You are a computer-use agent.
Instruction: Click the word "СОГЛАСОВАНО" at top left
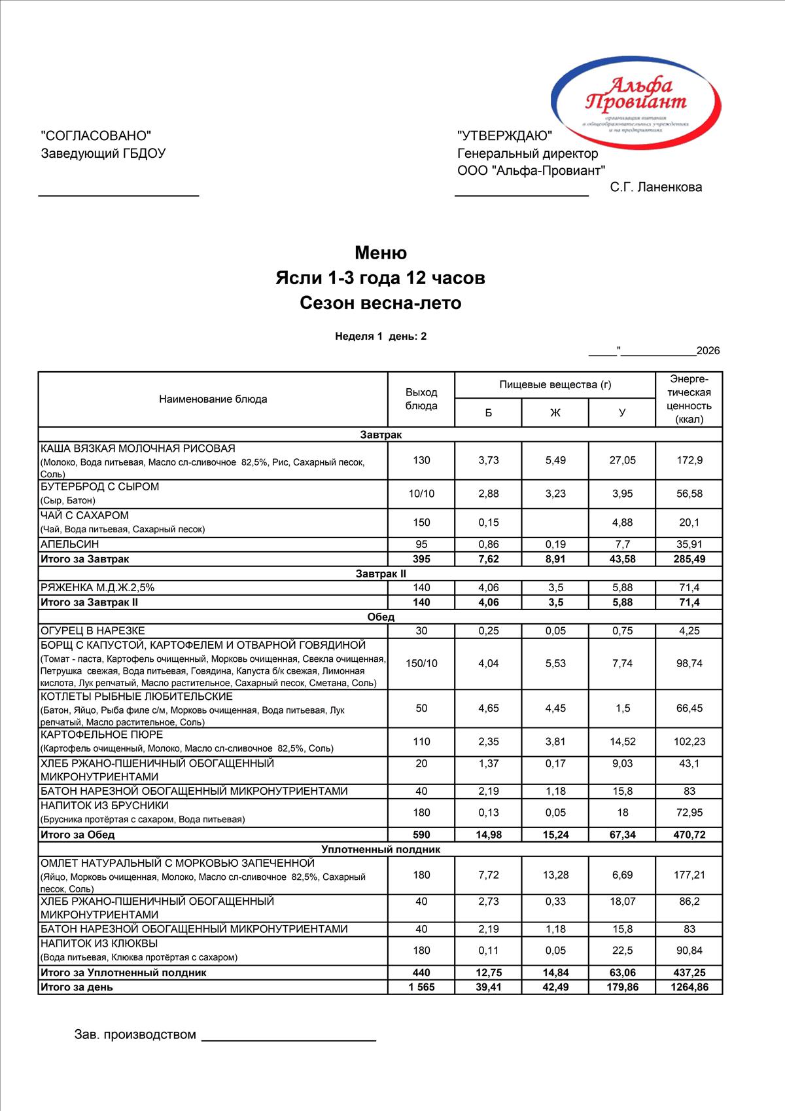(96, 136)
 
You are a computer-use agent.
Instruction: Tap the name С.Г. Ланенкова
(655, 187)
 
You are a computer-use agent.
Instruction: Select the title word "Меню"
(381, 253)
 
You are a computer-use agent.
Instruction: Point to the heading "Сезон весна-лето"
(381, 303)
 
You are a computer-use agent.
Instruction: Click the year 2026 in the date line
(708, 351)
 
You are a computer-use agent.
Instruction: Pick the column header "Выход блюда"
(421, 399)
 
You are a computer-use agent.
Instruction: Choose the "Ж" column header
(555, 412)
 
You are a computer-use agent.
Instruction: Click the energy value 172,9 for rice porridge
(689, 460)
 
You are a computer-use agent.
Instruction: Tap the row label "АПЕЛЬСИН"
(70, 544)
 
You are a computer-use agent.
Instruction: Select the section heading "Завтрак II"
(381, 574)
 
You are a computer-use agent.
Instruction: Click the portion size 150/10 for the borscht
(421, 663)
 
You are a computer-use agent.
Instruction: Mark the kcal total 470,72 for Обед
(689, 835)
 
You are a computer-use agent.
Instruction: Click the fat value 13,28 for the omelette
(555, 875)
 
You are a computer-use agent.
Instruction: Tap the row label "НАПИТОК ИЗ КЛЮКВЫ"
(99, 943)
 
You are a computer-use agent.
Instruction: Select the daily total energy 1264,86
(689, 987)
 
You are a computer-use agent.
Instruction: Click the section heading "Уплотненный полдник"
(381, 849)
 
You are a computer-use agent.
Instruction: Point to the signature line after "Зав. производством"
(288, 1039)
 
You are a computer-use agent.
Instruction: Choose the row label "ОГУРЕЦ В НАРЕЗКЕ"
(93, 630)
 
